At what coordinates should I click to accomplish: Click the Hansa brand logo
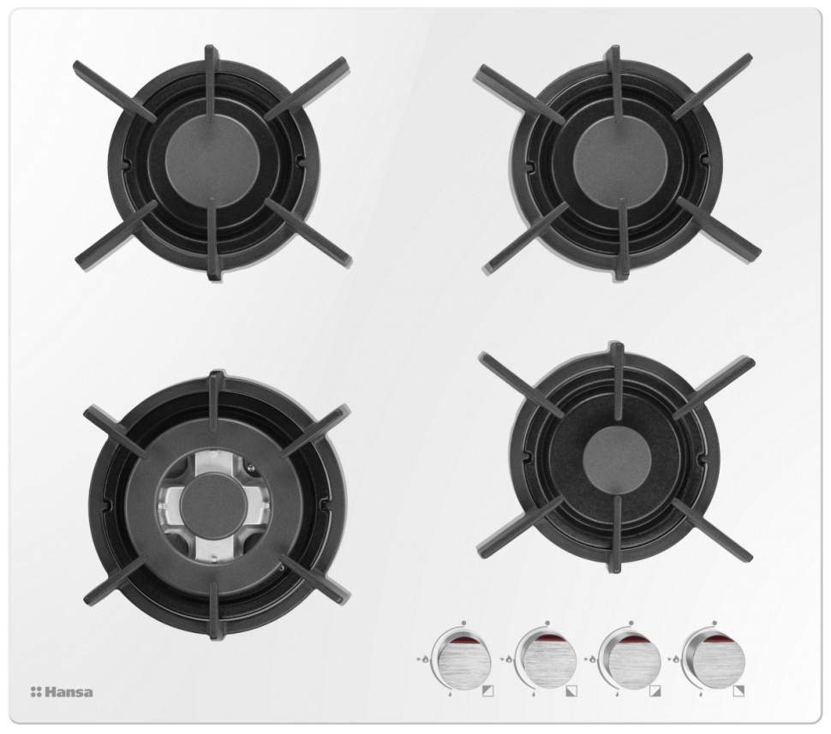point(62,691)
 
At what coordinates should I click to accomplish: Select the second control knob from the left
point(546,659)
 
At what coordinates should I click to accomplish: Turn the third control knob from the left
point(630,659)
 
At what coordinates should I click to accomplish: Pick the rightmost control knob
point(714,659)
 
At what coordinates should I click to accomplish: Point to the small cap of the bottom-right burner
point(616,459)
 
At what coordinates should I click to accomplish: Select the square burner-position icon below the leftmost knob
point(487,691)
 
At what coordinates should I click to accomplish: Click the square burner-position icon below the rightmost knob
point(738,691)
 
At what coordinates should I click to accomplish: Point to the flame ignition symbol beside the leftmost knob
point(426,659)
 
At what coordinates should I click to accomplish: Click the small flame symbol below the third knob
point(616,693)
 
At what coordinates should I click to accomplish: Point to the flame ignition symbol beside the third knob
point(593,659)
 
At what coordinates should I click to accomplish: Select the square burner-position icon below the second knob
point(571,691)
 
